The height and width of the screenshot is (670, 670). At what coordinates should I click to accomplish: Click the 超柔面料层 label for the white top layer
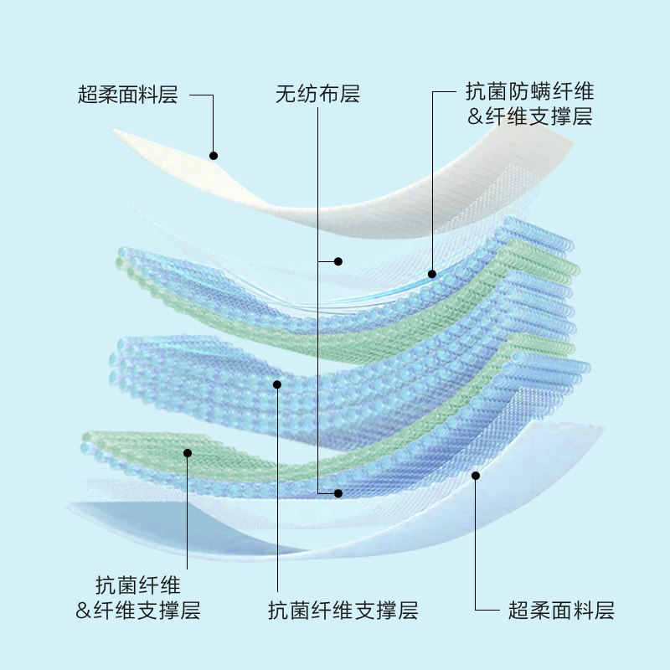pos(128,95)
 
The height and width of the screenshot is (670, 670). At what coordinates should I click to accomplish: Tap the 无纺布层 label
pos(317,95)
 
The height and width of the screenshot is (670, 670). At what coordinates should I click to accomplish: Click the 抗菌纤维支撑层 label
pos(343,611)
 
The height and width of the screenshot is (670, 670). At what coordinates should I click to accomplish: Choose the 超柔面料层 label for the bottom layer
pos(561,611)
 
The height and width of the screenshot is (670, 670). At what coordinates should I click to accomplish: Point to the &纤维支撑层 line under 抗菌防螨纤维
pos(529,117)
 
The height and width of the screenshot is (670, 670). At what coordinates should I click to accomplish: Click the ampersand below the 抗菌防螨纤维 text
pos(475,117)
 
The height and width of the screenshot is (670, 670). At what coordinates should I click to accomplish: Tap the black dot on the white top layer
pos(214,156)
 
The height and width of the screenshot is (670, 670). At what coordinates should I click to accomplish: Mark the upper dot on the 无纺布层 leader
pos(338,261)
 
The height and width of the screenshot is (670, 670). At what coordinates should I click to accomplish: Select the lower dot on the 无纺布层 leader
pos(338,493)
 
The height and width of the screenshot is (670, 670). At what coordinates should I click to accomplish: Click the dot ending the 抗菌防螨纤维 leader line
pos(432,274)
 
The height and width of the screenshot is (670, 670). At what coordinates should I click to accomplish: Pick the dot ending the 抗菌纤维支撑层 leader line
pos(277,384)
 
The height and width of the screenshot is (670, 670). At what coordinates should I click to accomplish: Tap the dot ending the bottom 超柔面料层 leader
pos(476,476)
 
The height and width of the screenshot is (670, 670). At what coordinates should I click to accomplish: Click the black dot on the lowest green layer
pos(188,453)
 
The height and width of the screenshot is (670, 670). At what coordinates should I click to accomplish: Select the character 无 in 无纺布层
pos(286,95)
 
